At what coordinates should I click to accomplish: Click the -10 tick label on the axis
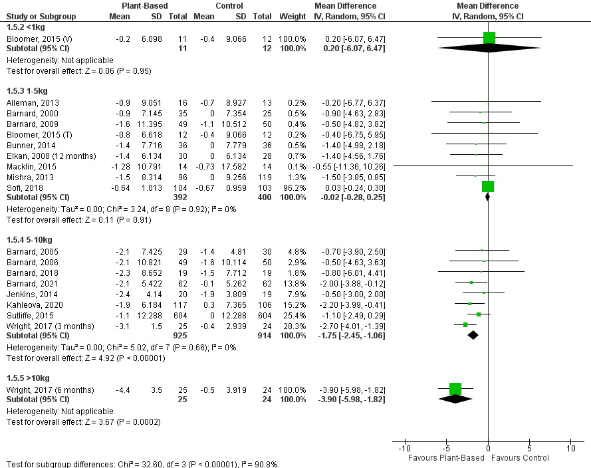(x=404, y=448)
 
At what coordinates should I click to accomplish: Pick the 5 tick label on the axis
(x=530, y=448)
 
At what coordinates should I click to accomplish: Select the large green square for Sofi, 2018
(x=488, y=187)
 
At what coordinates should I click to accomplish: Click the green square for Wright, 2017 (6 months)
(x=455, y=389)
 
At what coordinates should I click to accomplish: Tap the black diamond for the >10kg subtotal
(x=455, y=399)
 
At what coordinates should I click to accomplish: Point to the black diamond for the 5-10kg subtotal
(x=473, y=335)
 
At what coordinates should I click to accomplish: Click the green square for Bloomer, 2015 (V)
(x=490, y=38)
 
